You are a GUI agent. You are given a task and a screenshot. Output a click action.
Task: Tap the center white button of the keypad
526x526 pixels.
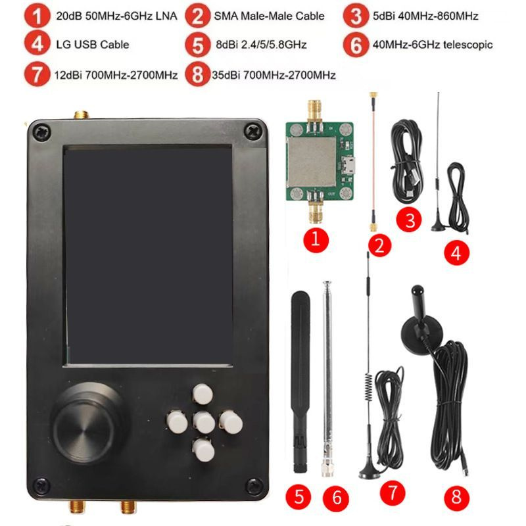[204, 421]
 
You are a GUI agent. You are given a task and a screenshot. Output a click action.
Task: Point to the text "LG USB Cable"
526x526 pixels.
[92, 45]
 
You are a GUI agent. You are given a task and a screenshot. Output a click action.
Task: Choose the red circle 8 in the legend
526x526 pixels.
[197, 74]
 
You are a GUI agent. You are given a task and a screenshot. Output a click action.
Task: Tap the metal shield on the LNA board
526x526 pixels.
[310, 162]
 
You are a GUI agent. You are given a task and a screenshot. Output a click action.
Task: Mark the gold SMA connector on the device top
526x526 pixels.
[82, 116]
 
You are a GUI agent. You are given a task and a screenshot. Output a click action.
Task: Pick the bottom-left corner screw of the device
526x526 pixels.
[41, 486]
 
